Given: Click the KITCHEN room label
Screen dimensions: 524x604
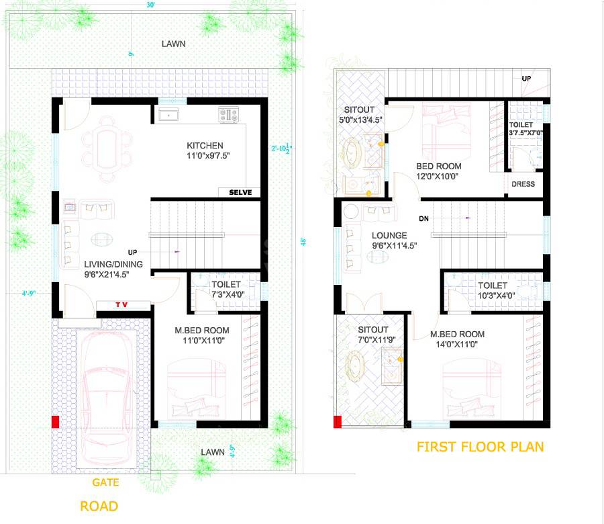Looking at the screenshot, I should click(x=205, y=146).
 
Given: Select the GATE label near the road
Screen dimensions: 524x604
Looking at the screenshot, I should click(x=106, y=482).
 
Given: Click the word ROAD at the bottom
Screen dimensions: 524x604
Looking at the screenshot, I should click(x=99, y=506).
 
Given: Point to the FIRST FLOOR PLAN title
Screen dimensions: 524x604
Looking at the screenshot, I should click(x=480, y=447).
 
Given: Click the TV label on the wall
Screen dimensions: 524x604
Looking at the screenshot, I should click(x=122, y=306).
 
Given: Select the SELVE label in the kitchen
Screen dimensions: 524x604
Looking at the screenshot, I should click(x=240, y=193).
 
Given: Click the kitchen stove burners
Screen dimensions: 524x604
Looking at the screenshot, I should click(x=228, y=115).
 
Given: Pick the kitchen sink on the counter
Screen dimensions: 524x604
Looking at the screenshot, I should click(x=168, y=115).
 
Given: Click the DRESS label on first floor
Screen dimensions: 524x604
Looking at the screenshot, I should click(x=523, y=184).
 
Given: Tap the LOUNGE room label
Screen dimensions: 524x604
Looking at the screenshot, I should click(x=389, y=236).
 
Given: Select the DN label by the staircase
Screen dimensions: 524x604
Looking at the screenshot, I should click(x=423, y=219).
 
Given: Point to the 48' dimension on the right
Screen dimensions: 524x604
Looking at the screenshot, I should click(x=303, y=241).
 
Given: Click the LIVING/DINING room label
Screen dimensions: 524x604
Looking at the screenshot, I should click(x=113, y=264).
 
